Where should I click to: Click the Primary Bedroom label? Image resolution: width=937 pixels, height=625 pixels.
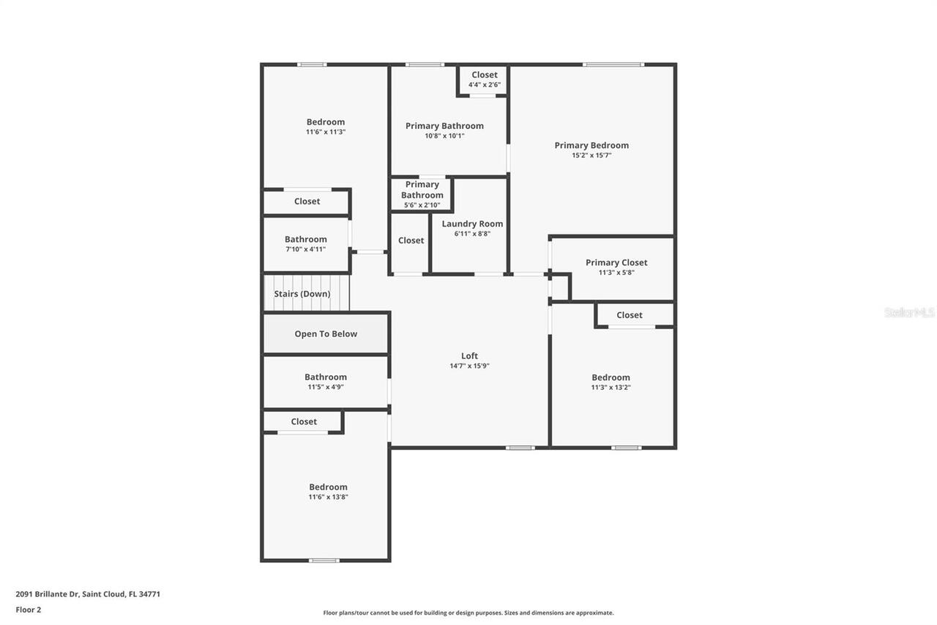[x=591, y=145]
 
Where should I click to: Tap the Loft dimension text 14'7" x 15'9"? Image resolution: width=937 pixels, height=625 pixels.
[x=469, y=366]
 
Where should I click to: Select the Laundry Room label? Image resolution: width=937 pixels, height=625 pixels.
[x=472, y=223]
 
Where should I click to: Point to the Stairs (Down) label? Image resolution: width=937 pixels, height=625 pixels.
[x=302, y=294]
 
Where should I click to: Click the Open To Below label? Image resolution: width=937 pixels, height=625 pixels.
[x=326, y=334]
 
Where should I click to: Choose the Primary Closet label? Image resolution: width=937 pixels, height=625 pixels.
[x=616, y=262]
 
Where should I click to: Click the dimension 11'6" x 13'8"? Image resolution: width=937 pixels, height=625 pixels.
[x=328, y=497]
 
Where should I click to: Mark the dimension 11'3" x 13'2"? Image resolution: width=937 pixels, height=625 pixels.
[x=611, y=388]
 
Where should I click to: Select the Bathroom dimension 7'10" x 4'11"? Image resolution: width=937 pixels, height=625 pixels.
[x=305, y=249]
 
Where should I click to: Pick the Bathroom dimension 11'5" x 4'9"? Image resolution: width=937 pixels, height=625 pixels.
[x=326, y=387]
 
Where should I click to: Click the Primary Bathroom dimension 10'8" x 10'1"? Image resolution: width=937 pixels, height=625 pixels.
[x=444, y=136]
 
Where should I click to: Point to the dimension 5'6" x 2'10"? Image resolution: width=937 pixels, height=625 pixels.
[x=422, y=205]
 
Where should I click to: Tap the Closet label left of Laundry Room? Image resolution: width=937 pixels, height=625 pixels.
[x=411, y=240]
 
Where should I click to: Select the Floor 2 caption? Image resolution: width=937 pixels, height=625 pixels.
[x=29, y=610]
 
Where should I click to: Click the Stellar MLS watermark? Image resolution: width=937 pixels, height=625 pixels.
[x=909, y=312]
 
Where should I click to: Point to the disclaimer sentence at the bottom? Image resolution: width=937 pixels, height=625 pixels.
[x=468, y=613]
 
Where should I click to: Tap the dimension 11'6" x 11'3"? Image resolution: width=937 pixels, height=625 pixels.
[x=326, y=132]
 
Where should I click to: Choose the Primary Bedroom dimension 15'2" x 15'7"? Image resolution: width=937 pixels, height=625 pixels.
[x=591, y=155]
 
